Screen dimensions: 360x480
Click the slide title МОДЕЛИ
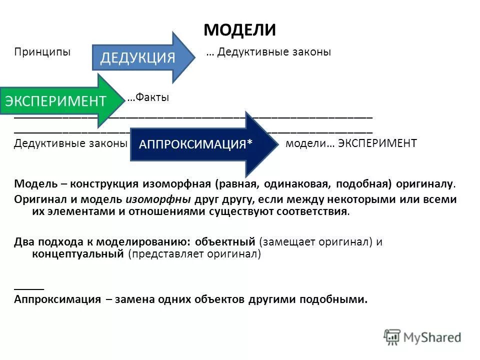click(x=239, y=30)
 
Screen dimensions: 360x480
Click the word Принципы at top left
click(x=42, y=52)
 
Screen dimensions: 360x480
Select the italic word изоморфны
click(x=157, y=199)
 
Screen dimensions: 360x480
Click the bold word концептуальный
click(x=77, y=253)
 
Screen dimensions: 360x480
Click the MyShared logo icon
click(x=392, y=336)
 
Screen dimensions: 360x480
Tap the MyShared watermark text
click(x=432, y=337)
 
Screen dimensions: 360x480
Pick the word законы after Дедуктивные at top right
click(x=311, y=52)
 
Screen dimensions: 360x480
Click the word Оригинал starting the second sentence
click(x=39, y=199)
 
